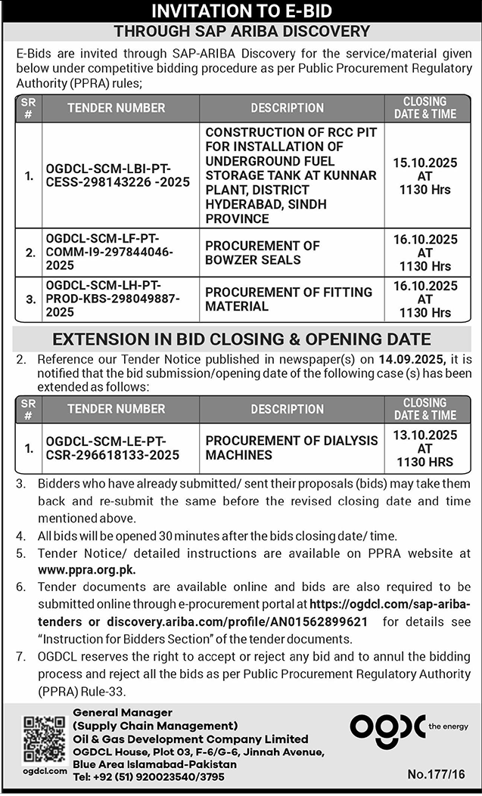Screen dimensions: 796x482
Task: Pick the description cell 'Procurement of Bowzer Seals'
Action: (x=263, y=252)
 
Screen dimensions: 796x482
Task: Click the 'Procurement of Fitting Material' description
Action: (x=289, y=299)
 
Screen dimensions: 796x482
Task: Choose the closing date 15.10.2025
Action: (x=425, y=162)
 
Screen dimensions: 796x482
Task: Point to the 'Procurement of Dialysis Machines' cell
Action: (x=291, y=448)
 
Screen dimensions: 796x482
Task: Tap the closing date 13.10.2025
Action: (x=425, y=435)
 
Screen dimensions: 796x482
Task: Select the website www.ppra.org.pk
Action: (x=86, y=568)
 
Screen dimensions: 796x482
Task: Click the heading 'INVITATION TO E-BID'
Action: (x=241, y=11)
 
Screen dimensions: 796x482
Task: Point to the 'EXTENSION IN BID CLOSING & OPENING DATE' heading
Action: (x=241, y=339)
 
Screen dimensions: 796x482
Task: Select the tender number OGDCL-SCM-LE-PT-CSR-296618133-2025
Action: (x=112, y=448)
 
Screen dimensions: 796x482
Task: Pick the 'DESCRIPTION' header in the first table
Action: (x=287, y=108)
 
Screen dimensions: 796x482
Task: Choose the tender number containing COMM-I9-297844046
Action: (x=110, y=252)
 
